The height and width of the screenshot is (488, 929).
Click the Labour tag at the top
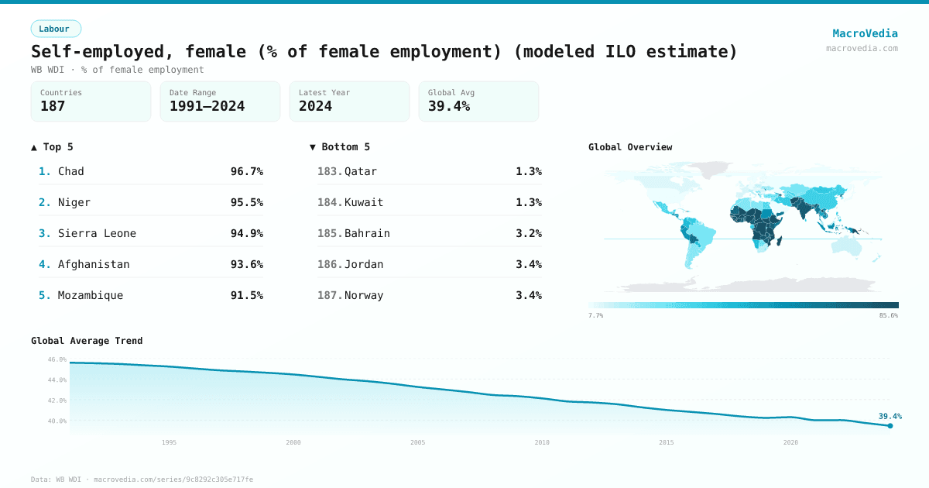point(55,29)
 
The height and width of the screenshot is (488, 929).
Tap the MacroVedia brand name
point(865,33)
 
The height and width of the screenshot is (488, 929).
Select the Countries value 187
point(53,107)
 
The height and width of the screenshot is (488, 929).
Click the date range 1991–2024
point(207,107)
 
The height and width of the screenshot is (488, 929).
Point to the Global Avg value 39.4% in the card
point(449,107)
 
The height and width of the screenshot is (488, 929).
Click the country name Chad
point(71,171)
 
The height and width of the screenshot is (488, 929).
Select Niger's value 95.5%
point(246,202)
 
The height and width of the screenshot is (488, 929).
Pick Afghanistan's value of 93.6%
point(246,264)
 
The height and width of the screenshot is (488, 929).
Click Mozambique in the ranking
point(91,295)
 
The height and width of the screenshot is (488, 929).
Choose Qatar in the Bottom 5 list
point(361,171)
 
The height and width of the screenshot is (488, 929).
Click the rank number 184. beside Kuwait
point(330,202)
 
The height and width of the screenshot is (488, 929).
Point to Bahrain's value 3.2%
point(528,233)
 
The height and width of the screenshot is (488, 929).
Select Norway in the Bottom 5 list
point(364,295)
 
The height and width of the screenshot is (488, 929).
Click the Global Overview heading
point(630,147)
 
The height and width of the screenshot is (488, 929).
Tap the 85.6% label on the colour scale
point(889,316)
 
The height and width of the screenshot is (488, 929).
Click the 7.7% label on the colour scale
point(595,316)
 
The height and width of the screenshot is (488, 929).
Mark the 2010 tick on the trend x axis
point(542,442)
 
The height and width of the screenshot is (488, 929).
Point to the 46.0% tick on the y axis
point(57,359)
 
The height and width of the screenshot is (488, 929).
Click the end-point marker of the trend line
point(890,425)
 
